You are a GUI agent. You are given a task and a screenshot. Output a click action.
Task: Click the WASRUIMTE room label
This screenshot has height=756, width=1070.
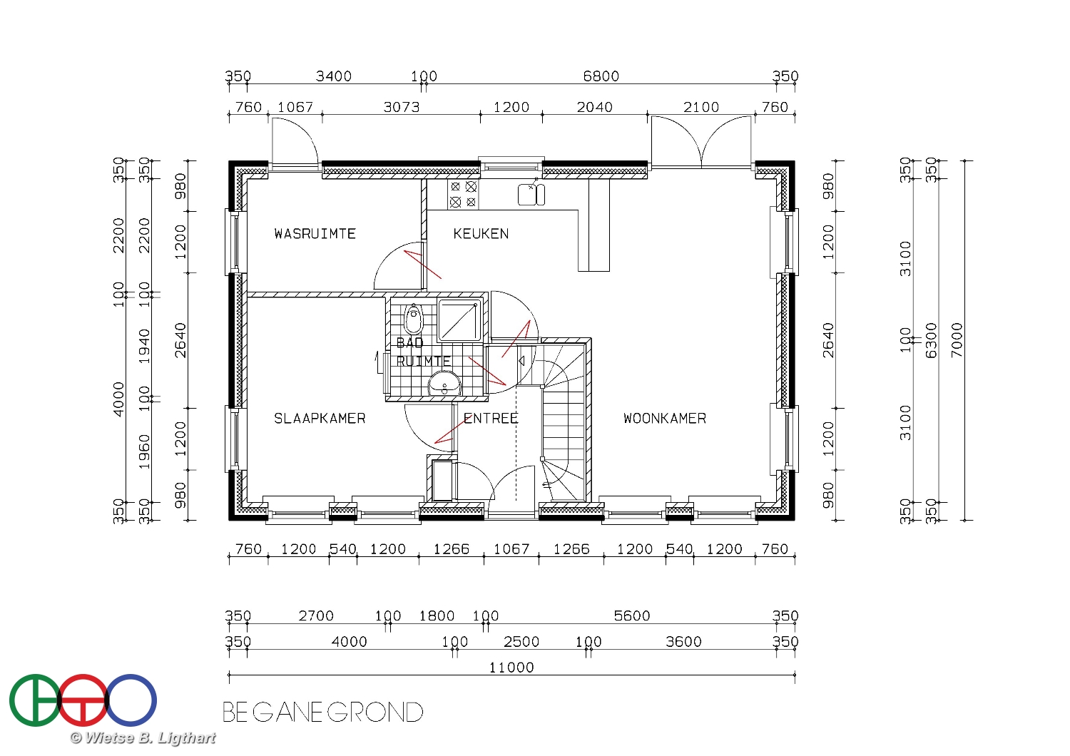click(315, 233)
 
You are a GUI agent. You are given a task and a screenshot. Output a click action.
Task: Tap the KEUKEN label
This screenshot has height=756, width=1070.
click(481, 233)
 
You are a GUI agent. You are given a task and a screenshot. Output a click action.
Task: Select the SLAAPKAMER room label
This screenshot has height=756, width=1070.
click(319, 419)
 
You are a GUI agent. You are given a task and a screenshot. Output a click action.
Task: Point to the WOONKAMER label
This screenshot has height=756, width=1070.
click(664, 419)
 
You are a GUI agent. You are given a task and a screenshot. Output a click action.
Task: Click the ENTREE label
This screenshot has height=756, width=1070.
click(491, 419)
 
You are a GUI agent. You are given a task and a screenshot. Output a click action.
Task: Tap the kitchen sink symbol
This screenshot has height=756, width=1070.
click(531, 194)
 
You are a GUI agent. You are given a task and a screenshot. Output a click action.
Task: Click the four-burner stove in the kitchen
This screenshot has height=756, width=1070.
click(463, 195)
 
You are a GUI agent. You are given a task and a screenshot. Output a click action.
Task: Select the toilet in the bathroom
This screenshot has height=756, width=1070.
click(414, 320)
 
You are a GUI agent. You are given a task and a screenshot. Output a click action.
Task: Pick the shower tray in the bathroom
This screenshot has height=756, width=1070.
click(459, 320)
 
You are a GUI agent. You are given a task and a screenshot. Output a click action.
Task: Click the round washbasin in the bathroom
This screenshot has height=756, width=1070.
click(444, 385)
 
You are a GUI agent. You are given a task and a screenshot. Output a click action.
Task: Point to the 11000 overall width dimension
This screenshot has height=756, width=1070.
click(511, 667)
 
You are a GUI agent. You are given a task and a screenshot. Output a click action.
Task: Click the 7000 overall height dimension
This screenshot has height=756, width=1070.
click(957, 340)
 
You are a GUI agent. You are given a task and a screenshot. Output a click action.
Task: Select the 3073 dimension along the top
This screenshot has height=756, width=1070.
click(401, 107)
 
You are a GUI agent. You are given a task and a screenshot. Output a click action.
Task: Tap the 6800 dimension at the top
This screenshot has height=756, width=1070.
click(601, 76)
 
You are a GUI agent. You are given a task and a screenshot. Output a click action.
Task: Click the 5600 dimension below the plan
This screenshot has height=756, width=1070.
click(632, 615)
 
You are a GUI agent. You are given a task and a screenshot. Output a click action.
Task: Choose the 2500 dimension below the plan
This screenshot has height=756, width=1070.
click(521, 641)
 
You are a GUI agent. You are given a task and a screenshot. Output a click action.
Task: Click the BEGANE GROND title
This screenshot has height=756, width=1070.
click(323, 712)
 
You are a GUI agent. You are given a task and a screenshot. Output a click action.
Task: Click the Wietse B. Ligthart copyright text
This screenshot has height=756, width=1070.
click(143, 738)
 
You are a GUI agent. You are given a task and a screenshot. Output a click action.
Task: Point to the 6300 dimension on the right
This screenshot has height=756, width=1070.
click(931, 340)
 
